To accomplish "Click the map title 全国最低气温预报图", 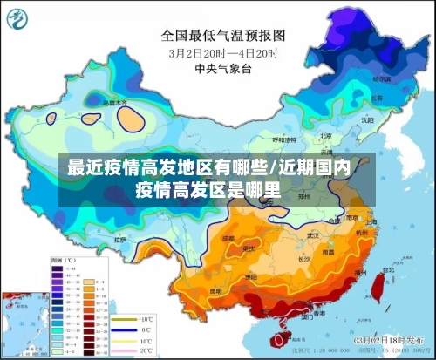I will coord(222,36).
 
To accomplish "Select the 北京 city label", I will coord(325,135).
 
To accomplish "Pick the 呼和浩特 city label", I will coord(285,139).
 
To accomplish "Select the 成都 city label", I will coord(228,237).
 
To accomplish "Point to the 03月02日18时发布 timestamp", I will coord(393,338).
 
